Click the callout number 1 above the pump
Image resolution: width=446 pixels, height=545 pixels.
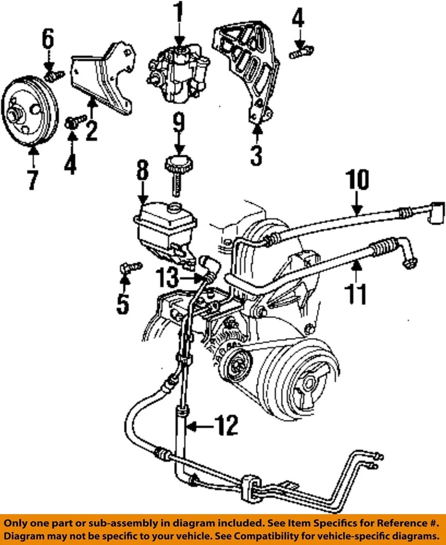(179, 12)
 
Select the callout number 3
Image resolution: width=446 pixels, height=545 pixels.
(256, 154)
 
